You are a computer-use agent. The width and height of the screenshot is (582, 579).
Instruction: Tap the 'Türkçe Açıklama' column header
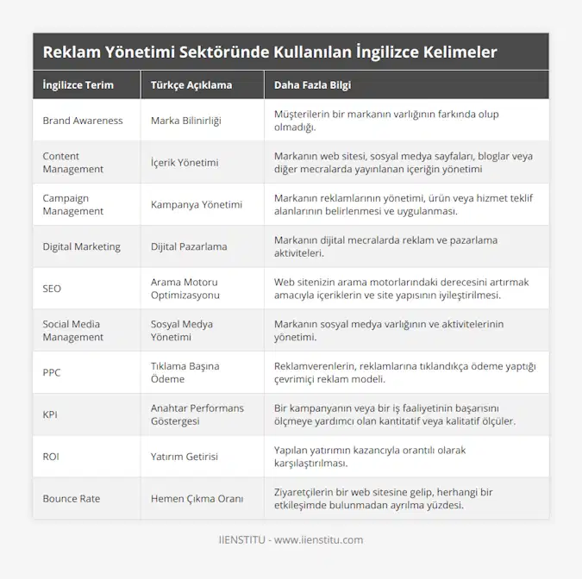click(191, 85)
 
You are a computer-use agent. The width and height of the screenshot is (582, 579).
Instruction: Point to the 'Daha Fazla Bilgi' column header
click(312, 85)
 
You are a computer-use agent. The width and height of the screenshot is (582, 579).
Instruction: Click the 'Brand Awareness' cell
click(82, 121)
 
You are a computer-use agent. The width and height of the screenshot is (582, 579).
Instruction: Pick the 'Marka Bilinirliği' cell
click(185, 121)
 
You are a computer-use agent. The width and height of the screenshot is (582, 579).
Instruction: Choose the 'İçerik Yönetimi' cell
click(185, 162)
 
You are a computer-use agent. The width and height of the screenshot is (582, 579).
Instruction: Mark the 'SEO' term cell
click(52, 289)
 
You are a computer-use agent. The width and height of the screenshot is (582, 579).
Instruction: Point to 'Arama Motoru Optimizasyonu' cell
click(185, 289)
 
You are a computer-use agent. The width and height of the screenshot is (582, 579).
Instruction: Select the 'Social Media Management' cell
click(72, 331)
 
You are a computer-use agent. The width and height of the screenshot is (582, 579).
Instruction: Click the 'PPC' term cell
click(52, 373)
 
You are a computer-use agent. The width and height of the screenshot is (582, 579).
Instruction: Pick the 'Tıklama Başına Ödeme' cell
click(185, 373)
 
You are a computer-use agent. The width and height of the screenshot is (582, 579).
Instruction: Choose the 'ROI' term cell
click(51, 457)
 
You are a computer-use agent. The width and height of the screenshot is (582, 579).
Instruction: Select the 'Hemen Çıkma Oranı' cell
click(197, 499)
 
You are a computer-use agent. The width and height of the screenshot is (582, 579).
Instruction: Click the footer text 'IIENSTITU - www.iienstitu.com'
click(291, 540)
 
